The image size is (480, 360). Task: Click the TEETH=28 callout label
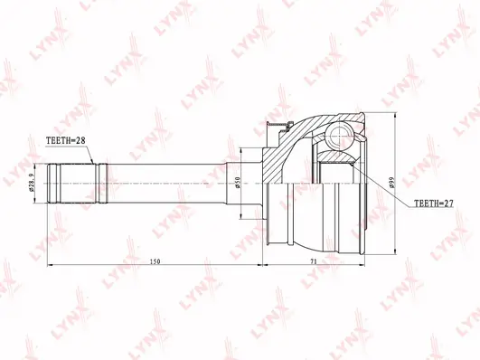65,140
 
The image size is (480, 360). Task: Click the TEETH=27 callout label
434,204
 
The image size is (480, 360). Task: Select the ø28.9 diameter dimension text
31,184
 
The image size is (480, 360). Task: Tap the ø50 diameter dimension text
237,183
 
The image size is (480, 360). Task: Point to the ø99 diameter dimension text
391,183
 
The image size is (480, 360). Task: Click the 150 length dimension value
155,261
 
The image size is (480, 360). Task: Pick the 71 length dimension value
313,261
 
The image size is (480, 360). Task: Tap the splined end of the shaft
77,184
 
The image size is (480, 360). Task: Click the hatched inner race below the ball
335,156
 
